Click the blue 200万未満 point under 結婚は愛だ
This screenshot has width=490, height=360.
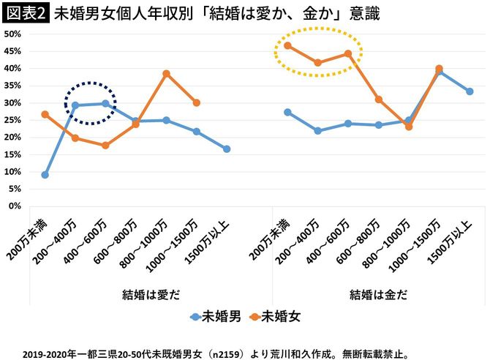tap(45, 175)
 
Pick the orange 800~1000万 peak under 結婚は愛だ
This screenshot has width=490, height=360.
tap(167, 73)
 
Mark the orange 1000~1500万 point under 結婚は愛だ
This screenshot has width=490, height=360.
tap(197, 102)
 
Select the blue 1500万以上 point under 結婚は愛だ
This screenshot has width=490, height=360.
tap(227, 149)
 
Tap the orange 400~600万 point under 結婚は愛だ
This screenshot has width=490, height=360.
tap(106, 146)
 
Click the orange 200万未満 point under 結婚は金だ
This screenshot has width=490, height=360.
tap(287, 45)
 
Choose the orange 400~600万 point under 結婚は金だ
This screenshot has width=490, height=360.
tap(348, 53)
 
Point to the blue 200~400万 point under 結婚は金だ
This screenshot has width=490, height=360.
tap(318, 131)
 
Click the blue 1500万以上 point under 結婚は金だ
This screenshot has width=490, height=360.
tap(470, 91)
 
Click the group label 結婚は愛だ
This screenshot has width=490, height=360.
tap(151, 295)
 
